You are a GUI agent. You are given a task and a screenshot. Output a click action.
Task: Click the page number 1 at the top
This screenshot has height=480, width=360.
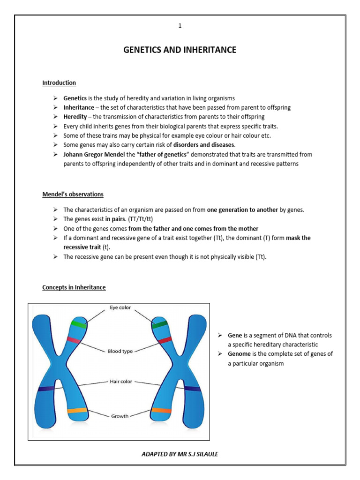click(180, 26)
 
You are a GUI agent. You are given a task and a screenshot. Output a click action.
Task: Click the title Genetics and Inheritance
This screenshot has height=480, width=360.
click(180, 50)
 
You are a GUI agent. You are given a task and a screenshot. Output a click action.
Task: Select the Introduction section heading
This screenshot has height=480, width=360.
click(59, 83)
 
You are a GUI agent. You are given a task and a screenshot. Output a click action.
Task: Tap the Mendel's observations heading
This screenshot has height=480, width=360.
click(73, 194)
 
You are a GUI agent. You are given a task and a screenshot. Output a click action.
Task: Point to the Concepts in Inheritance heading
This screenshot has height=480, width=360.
click(74, 287)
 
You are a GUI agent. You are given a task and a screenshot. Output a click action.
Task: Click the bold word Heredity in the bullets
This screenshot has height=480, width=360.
click(75, 117)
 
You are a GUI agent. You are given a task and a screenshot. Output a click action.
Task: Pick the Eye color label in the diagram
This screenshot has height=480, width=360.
click(120, 308)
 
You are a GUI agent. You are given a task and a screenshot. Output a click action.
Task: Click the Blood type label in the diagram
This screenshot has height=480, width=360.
click(120, 351)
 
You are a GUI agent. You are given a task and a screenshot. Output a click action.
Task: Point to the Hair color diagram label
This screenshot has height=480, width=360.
click(120, 382)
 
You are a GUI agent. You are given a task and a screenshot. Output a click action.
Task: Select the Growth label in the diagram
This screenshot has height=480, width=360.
click(120, 416)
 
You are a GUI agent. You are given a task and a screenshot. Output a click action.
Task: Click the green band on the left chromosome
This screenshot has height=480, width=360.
click(78, 324)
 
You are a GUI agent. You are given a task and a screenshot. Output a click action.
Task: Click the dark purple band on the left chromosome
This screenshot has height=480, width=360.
click(46, 389)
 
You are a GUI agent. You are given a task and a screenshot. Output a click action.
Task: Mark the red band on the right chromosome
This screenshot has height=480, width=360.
click(165, 340)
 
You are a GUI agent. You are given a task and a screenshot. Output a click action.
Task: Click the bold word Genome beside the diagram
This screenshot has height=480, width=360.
click(239, 354)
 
